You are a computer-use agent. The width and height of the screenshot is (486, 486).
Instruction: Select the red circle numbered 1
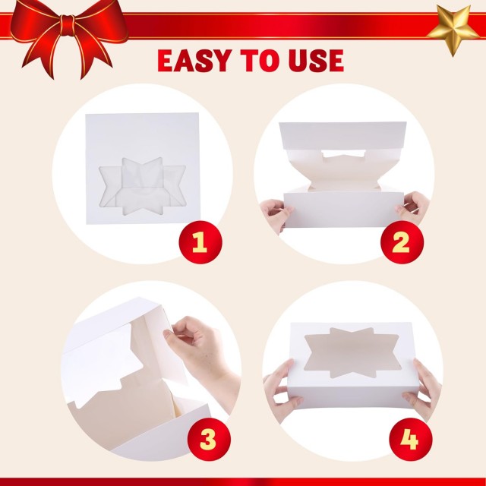pos(199,243)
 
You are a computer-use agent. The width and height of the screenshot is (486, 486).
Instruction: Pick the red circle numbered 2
pos(400,243)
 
